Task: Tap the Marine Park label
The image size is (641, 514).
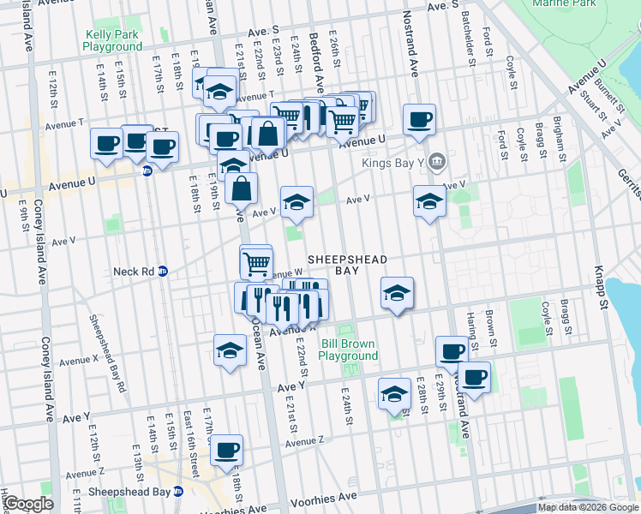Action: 564,3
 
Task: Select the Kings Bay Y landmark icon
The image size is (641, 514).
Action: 437,160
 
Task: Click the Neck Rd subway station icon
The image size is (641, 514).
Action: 163,272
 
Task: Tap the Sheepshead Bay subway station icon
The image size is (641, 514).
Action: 178,492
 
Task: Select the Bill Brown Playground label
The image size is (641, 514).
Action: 349,350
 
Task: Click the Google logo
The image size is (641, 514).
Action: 28,504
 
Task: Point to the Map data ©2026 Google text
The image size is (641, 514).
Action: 588,507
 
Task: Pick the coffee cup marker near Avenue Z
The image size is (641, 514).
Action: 226,451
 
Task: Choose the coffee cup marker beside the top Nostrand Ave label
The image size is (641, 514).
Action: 419,120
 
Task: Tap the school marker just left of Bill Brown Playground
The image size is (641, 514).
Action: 229,350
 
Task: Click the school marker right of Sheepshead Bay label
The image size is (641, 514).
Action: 396,293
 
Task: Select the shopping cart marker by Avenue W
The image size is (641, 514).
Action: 256,263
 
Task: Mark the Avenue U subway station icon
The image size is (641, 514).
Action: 147,170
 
